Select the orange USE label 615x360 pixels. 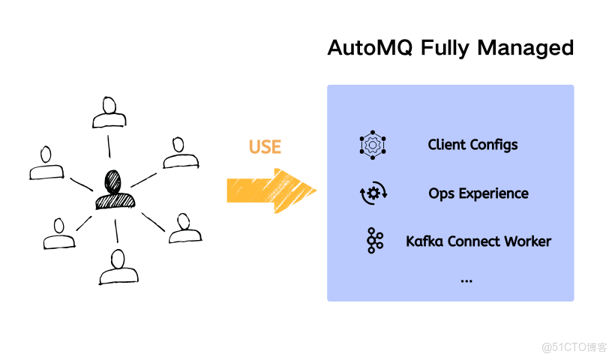pyautogui.click(x=264, y=146)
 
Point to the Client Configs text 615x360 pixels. pyautogui.click(x=472, y=145)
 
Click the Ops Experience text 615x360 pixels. pyautogui.click(x=478, y=193)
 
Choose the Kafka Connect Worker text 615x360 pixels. pyautogui.click(x=478, y=241)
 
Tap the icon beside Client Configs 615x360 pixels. pyautogui.click(x=373, y=145)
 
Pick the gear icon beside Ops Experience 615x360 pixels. pyautogui.click(x=373, y=193)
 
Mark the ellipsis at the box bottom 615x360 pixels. pyautogui.click(x=466, y=280)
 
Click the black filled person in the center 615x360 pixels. pyautogui.click(x=115, y=190)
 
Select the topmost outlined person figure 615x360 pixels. pyautogui.click(x=109, y=113)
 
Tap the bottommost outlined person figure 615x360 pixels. pyautogui.click(x=117, y=268)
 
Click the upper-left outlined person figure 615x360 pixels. pyautogui.click(x=47, y=164)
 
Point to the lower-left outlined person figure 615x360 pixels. pyautogui.click(x=58, y=234)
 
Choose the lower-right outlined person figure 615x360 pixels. pyautogui.click(x=183, y=228)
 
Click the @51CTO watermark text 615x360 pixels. pyautogui.click(x=574, y=346)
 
